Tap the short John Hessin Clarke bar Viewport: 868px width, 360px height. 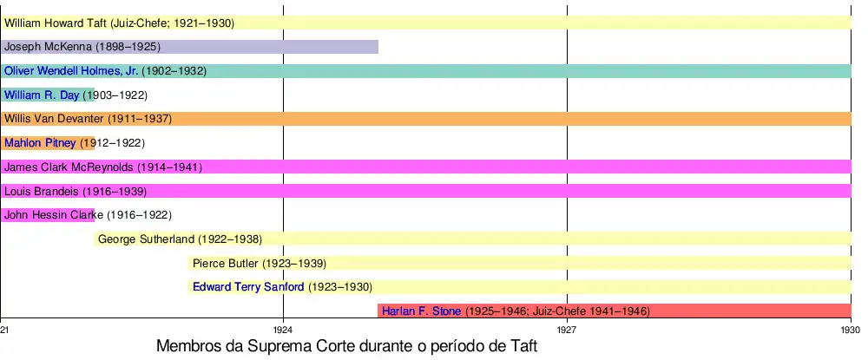pyautogui.click(x=48, y=215)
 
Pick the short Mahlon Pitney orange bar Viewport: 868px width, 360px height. pyautogui.click(x=48, y=143)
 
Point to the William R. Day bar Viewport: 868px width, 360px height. pyautogui.click(x=48, y=95)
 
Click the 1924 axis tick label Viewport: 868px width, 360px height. pyautogui.click(x=283, y=331)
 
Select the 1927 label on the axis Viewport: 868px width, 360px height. pyautogui.click(x=567, y=331)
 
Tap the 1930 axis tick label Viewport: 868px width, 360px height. pyautogui.click(x=851, y=331)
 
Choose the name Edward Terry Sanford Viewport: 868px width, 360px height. pyautogui.click(x=248, y=287)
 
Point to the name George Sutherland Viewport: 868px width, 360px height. pyautogui.click(x=147, y=239)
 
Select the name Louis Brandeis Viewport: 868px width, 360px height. pyautogui.click(x=41, y=191)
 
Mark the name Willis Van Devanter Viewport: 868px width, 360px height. pyautogui.click(x=54, y=119)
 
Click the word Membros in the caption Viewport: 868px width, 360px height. pyautogui.click(x=185, y=346)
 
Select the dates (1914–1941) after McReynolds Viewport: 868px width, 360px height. pyautogui.click(x=168, y=167)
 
